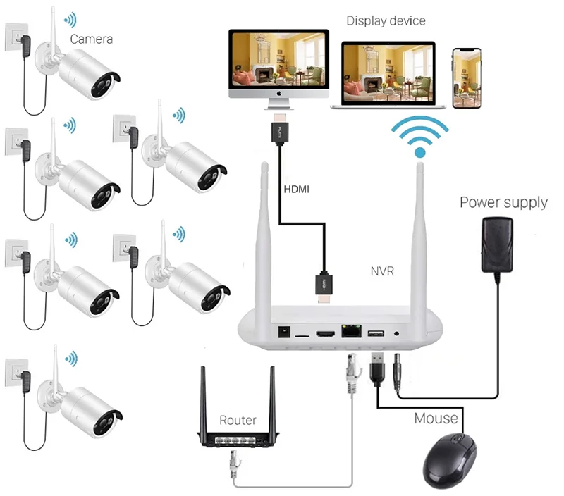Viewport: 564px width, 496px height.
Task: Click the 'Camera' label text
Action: (x=91, y=39)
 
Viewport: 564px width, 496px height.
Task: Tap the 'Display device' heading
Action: (x=386, y=20)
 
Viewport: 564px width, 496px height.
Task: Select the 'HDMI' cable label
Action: (x=296, y=190)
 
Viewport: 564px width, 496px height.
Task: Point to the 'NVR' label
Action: (x=383, y=271)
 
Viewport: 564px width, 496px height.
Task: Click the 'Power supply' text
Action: (x=503, y=203)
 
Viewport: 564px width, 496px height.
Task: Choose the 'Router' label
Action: (x=238, y=421)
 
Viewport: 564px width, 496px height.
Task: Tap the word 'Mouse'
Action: (x=436, y=418)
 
